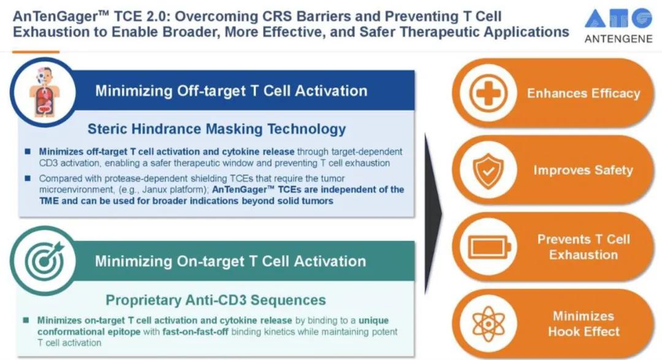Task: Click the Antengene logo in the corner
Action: tap(618, 26)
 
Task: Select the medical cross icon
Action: tap(489, 93)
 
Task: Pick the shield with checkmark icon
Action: tap(489, 170)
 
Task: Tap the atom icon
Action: tap(489, 324)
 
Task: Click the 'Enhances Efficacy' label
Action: tap(584, 93)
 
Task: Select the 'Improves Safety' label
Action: tap(584, 170)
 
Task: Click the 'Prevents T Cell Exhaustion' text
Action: tap(584, 247)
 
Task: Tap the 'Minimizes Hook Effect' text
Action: tap(584, 324)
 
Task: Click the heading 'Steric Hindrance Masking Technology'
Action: tap(216, 129)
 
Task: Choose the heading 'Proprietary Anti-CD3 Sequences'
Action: tap(216, 300)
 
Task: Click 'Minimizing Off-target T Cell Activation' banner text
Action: tap(231, 91)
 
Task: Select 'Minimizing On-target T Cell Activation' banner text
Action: tap(230, 261)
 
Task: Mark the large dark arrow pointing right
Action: tap(433, 213)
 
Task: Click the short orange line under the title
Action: tap(36, 52)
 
